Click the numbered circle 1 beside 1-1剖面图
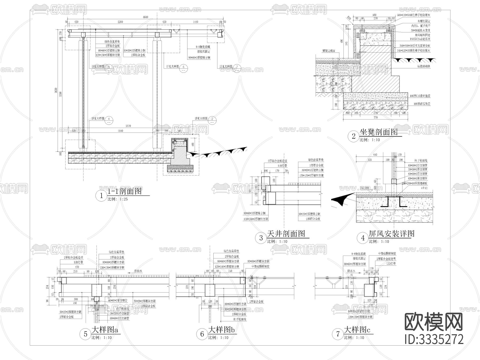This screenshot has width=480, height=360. click(x=101, y=196)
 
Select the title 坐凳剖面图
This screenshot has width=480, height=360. click(x=378, y=132)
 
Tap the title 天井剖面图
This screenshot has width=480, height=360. click(x=286, y=234)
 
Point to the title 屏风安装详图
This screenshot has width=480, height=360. click(x=391, y=234)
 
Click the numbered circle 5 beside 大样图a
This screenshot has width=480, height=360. click(x=86, y=334)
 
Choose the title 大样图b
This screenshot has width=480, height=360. click(x=222, y=330)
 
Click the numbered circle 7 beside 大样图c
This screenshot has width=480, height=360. click(x=338, y=334)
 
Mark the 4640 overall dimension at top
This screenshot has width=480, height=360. click(x=145, y=17)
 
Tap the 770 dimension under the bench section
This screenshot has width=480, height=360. click(x=376, y=117)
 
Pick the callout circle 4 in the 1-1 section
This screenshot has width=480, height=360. click(x=109, y=119)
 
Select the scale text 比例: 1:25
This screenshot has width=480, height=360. click(x=118, y=199)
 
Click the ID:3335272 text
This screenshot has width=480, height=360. click(x=434, y=339)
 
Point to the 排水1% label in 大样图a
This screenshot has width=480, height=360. click(x=138, y=271)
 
